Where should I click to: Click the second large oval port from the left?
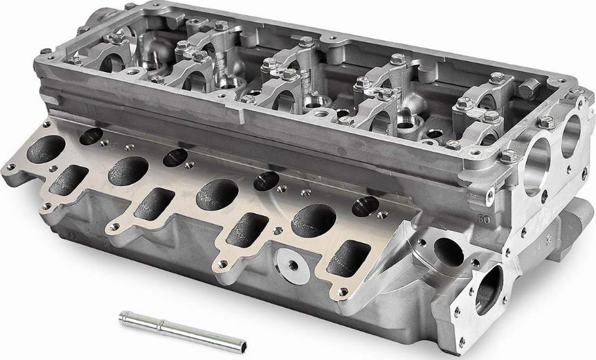(127, 171)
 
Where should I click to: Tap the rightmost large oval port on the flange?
(312, 222)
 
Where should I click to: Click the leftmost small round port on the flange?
(91, 136)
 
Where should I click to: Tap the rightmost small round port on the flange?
(364, 206)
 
